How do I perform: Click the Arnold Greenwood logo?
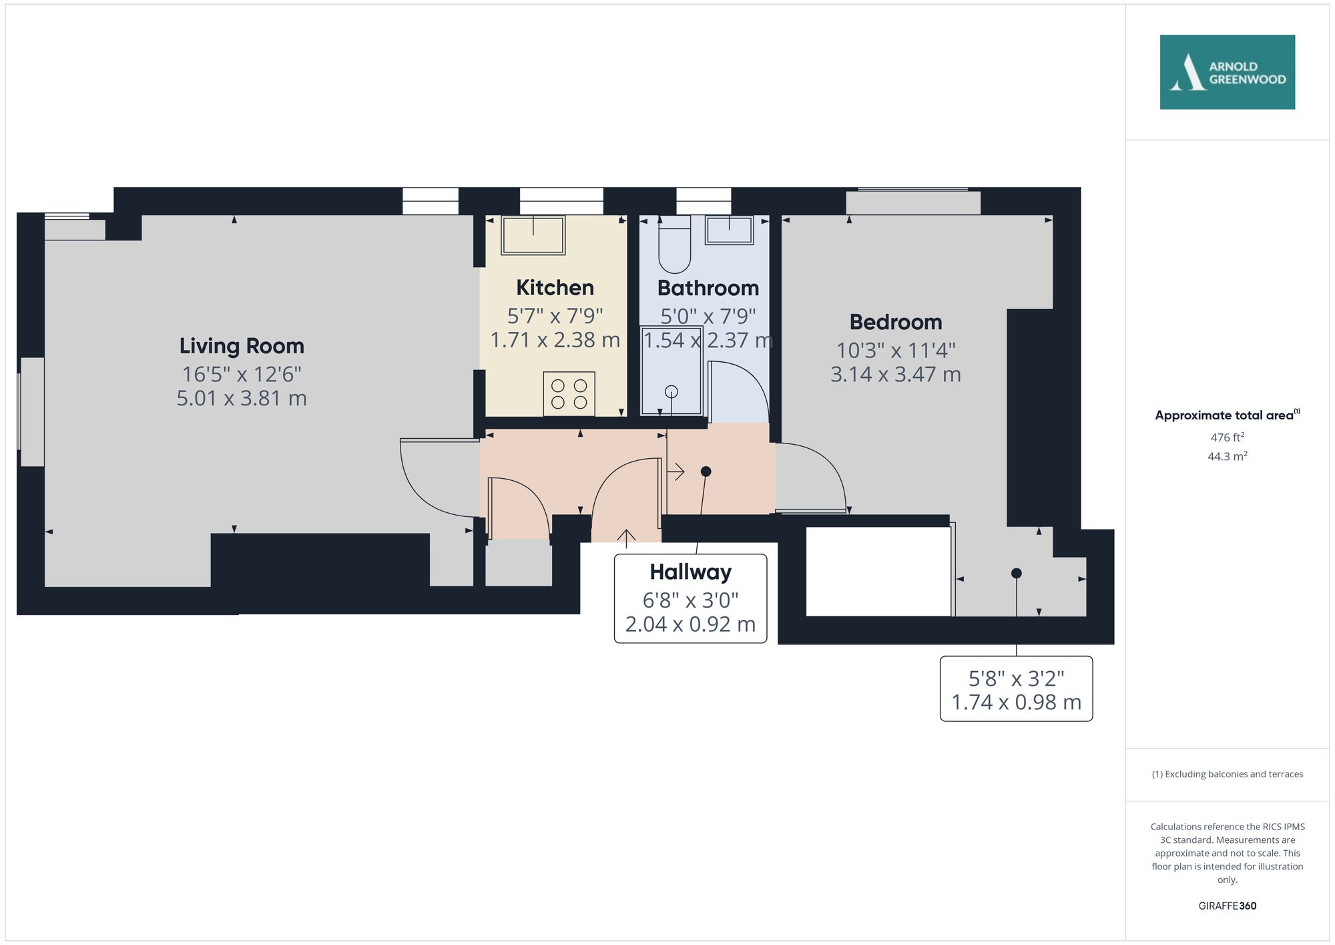(1227, 72)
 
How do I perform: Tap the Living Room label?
(242, 346)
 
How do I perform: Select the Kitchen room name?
(555, 288)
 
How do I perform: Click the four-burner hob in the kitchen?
(569, 394)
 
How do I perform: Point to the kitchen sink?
(533, 234)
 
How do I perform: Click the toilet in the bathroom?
(674, 244)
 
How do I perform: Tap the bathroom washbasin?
(729, 230)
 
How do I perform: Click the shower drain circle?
(672, 392)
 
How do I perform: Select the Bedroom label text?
(896, 322)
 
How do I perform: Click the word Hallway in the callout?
(690, 572)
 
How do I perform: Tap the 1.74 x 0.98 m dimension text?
(1016, 703)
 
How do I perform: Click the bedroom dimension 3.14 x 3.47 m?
(896, 375)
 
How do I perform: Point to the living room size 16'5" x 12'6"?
(242, 374)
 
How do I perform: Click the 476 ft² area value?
(1227, 437)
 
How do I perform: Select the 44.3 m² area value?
(1227, 456)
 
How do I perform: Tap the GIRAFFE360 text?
(1227, 906)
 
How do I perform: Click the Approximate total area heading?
(1227, 415)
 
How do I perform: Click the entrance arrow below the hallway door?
(626, 538)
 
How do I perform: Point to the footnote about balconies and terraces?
(1227, 775)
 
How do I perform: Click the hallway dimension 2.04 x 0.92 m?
(690, 624)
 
